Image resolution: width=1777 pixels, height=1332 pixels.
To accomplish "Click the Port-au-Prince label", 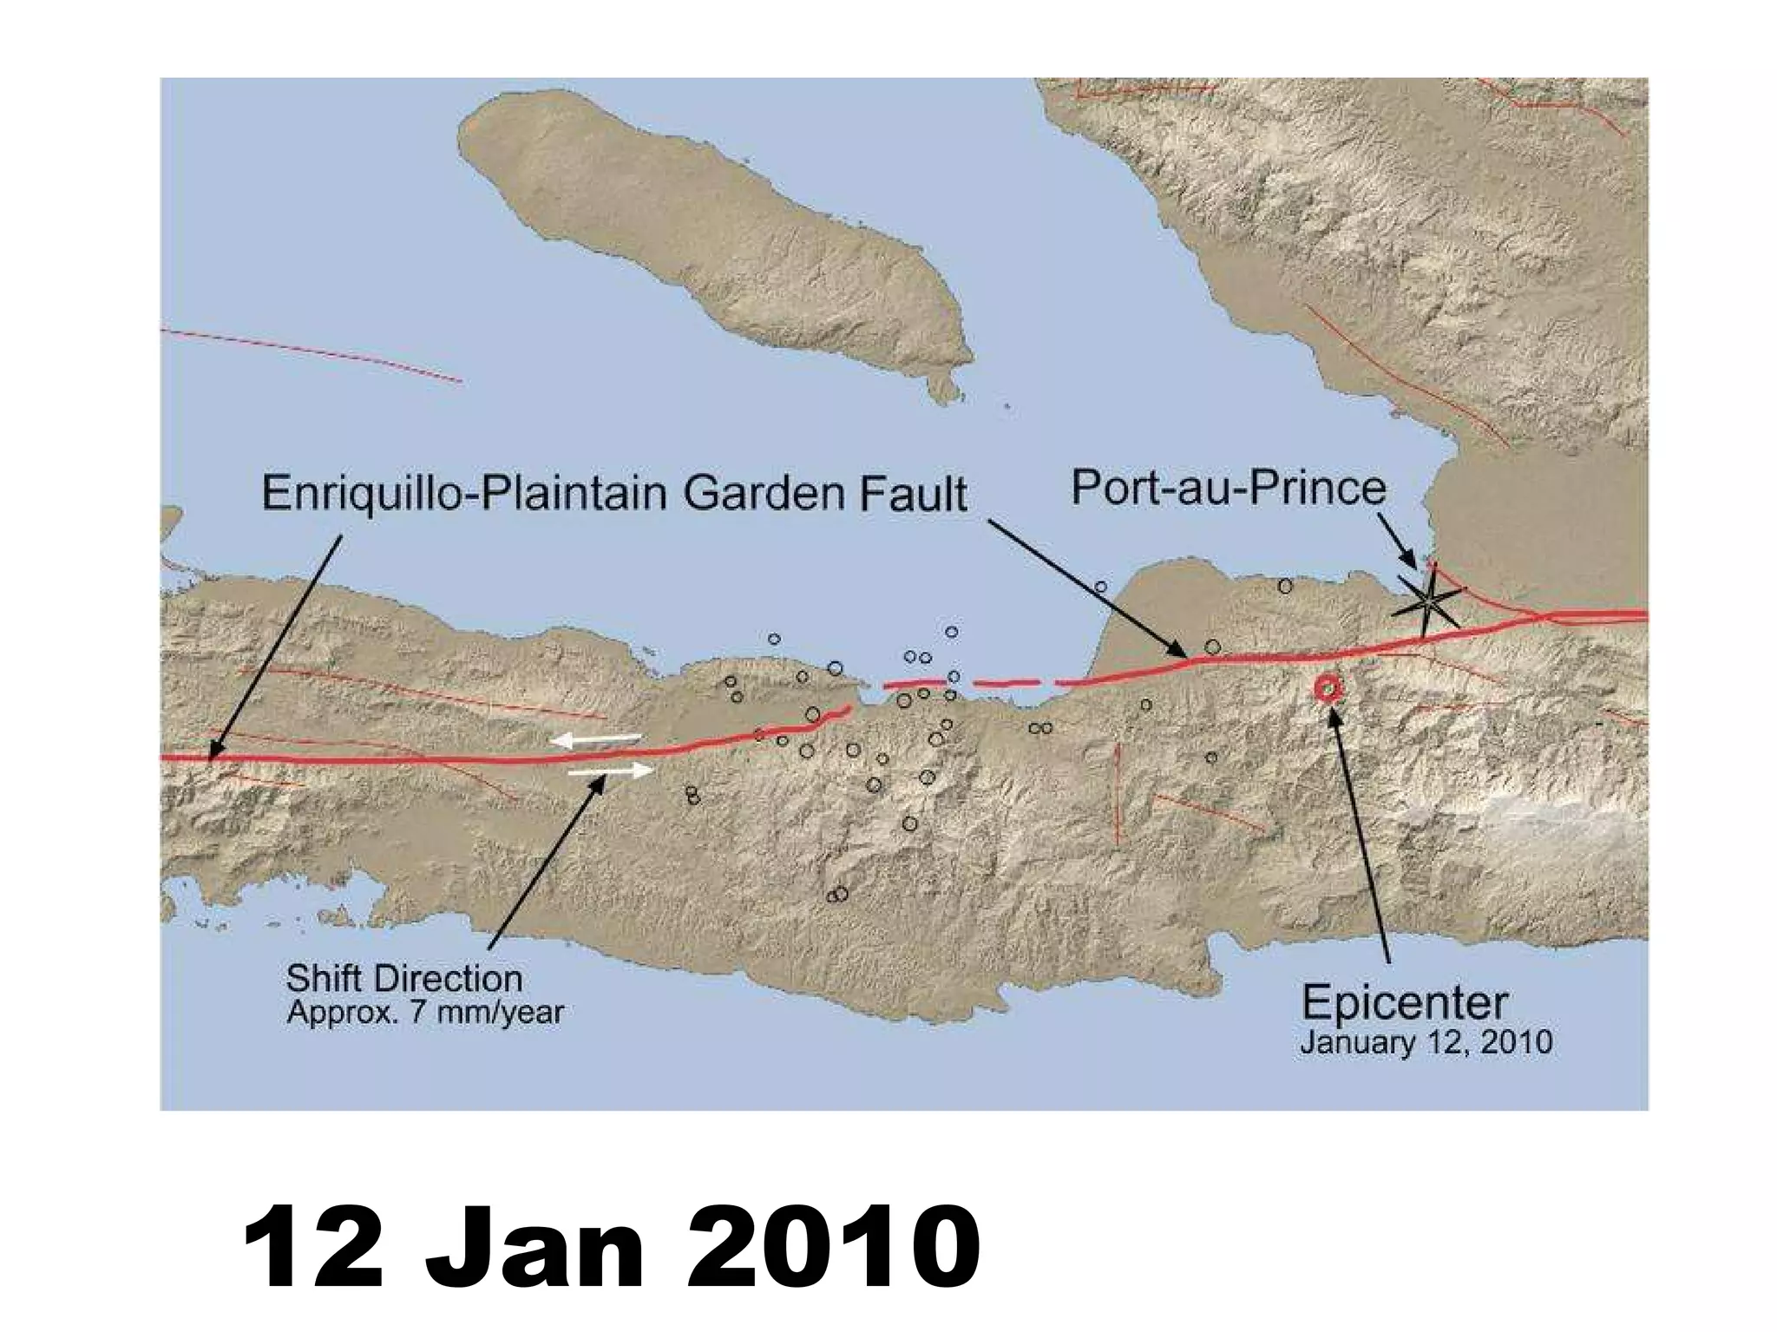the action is [1228, 488].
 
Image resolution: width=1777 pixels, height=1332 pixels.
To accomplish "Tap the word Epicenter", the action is [1404, 1004].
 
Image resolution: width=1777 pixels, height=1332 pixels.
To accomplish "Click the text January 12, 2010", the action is [1426, 1042].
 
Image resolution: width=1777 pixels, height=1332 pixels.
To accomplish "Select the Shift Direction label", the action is [404, 979].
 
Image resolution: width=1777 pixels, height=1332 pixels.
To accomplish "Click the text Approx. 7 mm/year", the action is [425, 1013].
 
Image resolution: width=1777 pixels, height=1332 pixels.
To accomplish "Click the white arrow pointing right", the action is [612, 770].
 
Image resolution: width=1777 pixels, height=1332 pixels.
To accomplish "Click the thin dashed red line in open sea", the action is [312, 354].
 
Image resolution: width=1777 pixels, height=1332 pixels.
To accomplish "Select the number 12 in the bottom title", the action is [313, 1247].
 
